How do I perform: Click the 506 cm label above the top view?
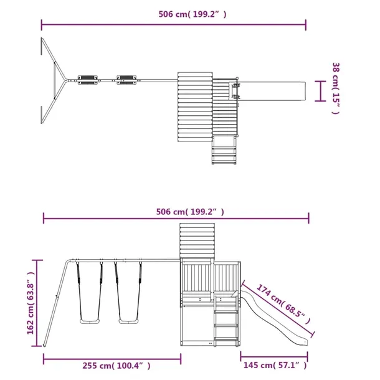pyautogui.click(x=192, y=14)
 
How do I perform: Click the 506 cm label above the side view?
pyautogui.click(x=190, y=212)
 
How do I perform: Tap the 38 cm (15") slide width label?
pyautogui.click(x=336, y=88)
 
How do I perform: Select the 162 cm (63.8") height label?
pyautogui.click(x=31, y=303)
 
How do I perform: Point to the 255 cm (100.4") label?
pyautogui.click(x=116, y=366)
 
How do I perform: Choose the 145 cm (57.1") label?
pyautogui.click(x=275, y=365)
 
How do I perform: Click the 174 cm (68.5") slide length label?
pyautogui.click(x=283, y=304)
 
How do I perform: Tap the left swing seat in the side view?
pyautogui.click(x=90, y=321)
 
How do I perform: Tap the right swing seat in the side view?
pyautogui.click(x=128, y=321)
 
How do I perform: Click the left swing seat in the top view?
pyautogui.click(x=87, y=80)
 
